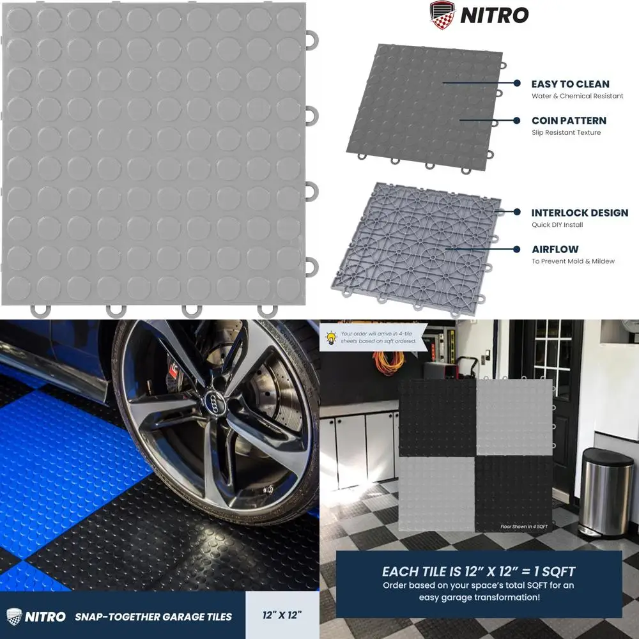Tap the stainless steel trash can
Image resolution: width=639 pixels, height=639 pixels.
click(x=604, y=493)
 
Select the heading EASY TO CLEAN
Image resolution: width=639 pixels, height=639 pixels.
click(x=570, y=84)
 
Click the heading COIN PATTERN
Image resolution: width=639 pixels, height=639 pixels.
click(x=569, y=120)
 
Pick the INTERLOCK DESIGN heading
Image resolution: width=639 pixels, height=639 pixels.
click(x=580, y=213)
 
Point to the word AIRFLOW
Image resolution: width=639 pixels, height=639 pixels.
click(x=555, y=249)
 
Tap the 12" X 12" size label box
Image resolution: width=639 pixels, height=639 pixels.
click(x=282, y=616)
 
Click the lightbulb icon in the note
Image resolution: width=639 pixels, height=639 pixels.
click(x=331, y=336)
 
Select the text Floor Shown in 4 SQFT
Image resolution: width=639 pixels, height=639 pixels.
click(x=523, y=527)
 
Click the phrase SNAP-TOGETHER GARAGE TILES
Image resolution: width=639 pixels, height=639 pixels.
click(x=153, y=617)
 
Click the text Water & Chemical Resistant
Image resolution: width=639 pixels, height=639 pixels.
click(x=577, y=96)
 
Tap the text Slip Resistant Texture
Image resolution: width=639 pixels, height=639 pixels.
click(x=566, y=133)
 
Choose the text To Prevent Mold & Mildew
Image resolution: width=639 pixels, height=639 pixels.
click(x=573, y=261)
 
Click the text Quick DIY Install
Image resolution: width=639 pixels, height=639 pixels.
click(x=557, y=225)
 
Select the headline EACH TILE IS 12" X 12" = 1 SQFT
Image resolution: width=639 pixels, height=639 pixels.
click(x=478, y=571)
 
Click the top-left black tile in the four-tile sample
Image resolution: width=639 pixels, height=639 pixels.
click(x=437, y=418)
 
